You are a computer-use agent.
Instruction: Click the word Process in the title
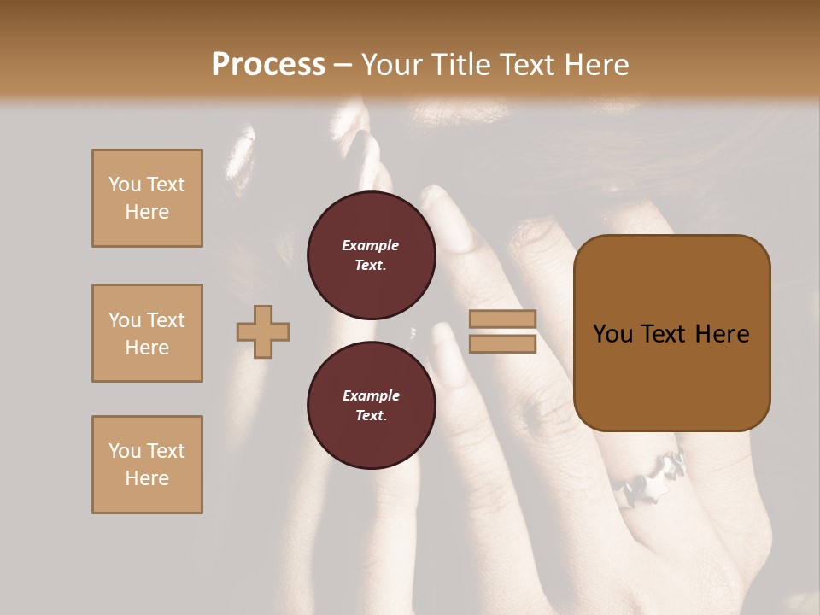pos(268,65)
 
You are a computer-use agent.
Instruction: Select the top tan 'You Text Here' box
pos(147,198)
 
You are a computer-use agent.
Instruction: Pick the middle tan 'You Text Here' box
pos(147,333)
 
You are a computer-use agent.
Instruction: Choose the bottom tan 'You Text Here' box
pos(147,465)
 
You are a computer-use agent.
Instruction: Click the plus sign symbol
pos(263,331)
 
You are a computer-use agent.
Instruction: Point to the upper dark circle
pos(371,255)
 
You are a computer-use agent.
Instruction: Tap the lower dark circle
pos(371,406)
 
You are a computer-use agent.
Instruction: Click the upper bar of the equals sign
pos(502,319)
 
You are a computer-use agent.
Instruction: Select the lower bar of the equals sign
pos(502,343)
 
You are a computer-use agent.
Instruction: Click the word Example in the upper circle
pos(371,245)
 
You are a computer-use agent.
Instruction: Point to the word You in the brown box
pos(612,334)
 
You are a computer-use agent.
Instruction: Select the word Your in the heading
pos(392,65)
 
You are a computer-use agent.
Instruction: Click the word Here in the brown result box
pos(722,334)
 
